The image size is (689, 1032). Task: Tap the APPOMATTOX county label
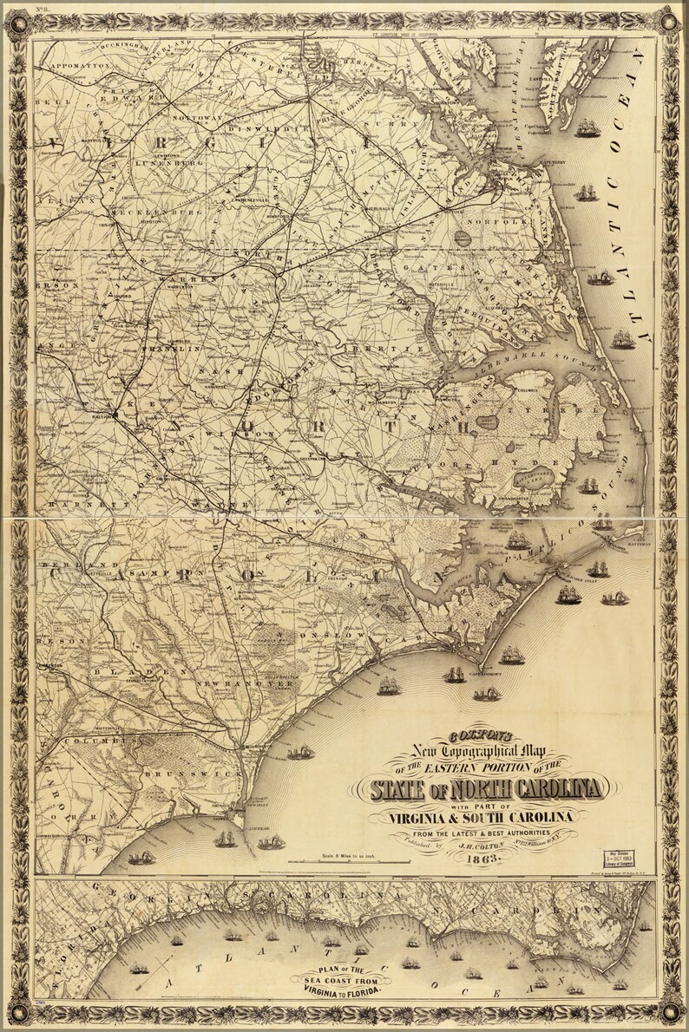(82, 65)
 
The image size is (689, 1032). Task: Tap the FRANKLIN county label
(179, 348)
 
